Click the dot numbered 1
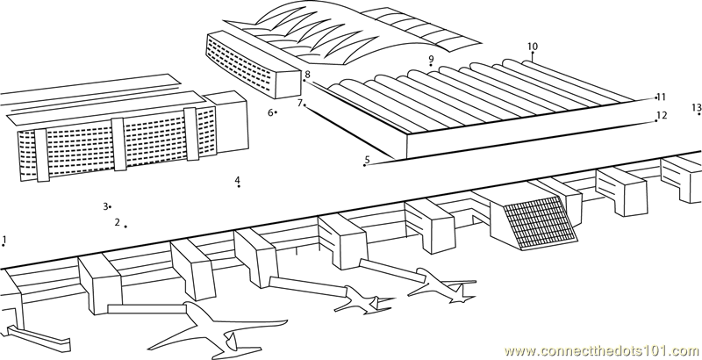[x=4, y=245]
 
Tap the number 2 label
[x=118, y=222]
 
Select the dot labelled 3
[x=111, y=207]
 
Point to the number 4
[x=237, y=180]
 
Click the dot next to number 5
[x=364, y=165]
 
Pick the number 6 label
[x=270, y=113]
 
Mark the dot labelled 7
[x=304, y=104]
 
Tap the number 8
[x=308, y=75]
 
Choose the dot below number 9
[x=431, y=65]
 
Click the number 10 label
[x=533, y=47]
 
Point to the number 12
[x=663, y=115]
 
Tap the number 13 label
[x=696, y=107]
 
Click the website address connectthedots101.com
[x=603, y=350]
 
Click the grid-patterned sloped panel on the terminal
[x=540, y=222]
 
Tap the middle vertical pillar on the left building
[x=118, y=144]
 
